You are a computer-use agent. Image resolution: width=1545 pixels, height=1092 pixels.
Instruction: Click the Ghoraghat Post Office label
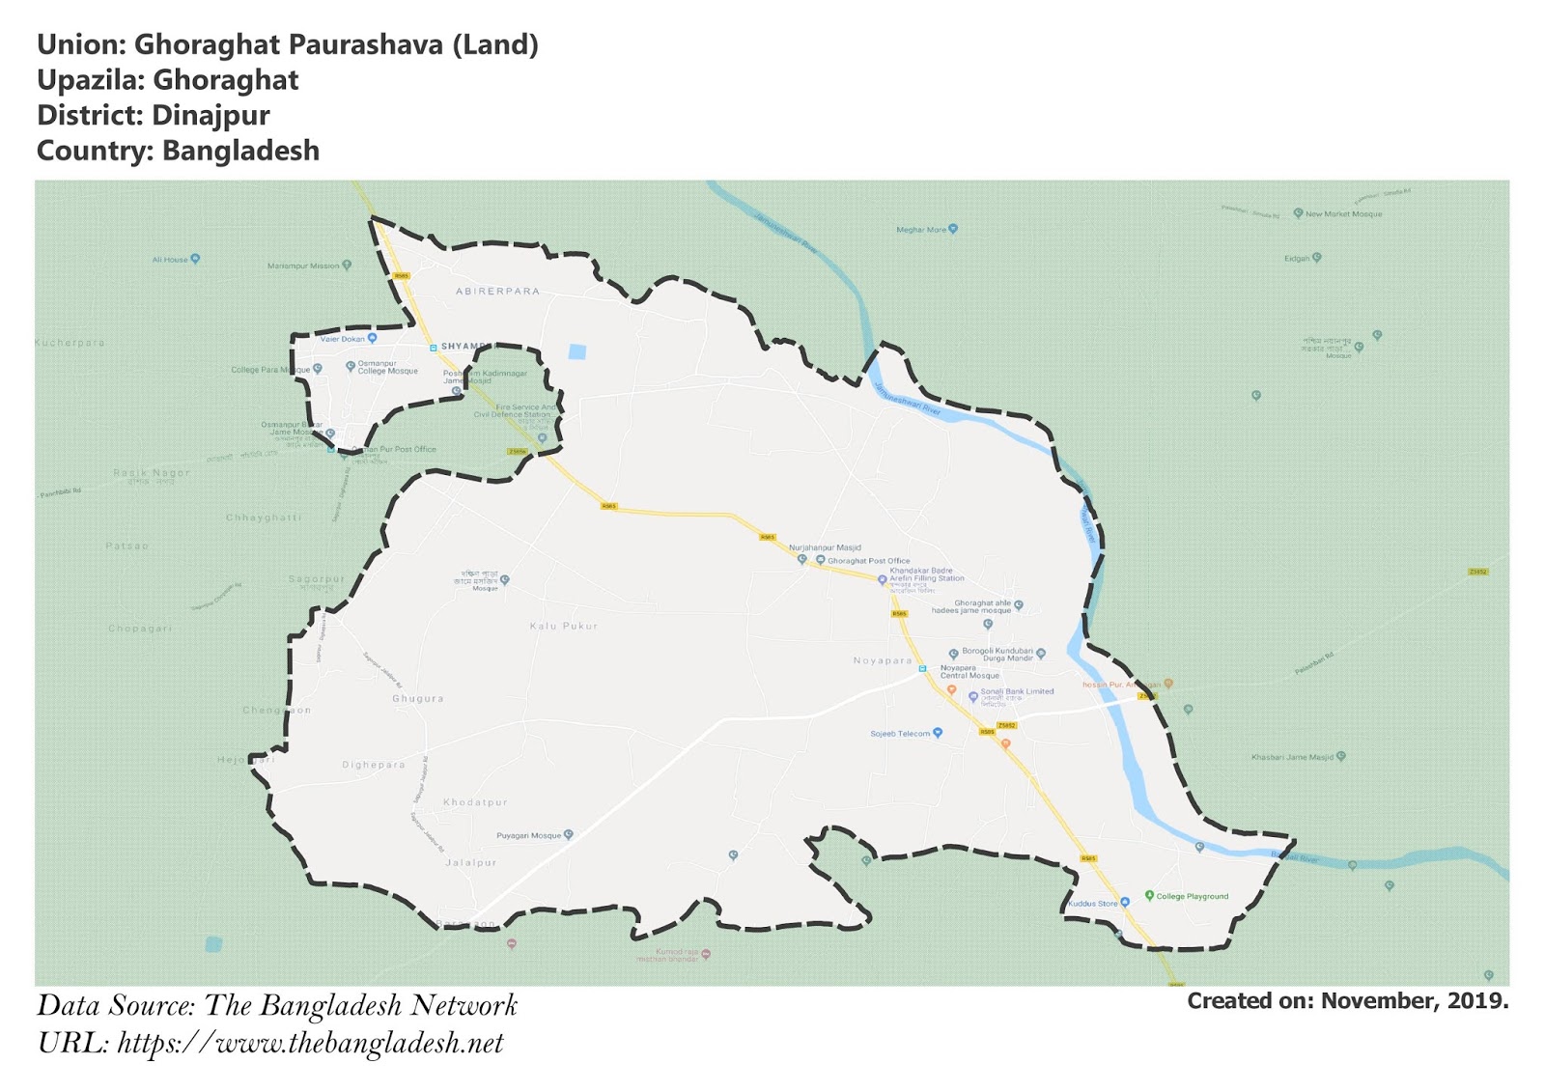[868, 561]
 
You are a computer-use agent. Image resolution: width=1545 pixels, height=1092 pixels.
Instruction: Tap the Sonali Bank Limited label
[1017, 691]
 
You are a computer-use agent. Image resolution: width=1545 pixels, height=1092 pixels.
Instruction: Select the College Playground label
[1192, 896]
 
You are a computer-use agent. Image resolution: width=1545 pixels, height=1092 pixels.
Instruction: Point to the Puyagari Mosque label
[528, 835]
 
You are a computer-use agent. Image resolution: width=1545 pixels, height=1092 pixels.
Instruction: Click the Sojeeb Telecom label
[900, 734]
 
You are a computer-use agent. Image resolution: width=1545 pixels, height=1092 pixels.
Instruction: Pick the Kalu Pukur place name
[564, 627]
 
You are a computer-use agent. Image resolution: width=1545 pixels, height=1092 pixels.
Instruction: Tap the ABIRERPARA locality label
[497, 291]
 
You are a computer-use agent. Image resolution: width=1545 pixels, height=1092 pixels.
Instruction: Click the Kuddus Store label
[1093, 904]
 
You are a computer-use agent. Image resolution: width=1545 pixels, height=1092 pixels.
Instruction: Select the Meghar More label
[921, 230]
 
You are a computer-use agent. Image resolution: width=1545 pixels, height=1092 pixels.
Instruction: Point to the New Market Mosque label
[1343, 214]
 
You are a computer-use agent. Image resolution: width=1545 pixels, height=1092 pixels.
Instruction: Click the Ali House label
[170, 260]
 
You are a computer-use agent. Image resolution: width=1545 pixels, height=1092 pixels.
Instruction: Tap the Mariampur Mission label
[303, 266]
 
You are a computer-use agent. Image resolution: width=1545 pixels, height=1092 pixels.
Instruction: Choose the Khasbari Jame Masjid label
[1292, 757]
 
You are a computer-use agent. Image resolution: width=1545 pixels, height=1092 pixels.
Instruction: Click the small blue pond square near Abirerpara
[577, 351]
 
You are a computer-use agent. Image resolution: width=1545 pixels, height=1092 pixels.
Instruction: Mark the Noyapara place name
[882, 661]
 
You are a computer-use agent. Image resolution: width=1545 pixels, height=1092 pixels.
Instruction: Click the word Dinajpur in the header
[211, 115]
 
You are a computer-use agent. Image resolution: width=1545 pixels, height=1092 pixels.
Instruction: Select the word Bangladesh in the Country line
[240, 151]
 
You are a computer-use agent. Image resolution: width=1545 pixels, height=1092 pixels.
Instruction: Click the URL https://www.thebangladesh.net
[310, 1044]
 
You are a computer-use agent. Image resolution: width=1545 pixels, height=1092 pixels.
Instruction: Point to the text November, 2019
[1414, 1001]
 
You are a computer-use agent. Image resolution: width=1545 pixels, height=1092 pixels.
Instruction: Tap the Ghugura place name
[417, 699]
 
